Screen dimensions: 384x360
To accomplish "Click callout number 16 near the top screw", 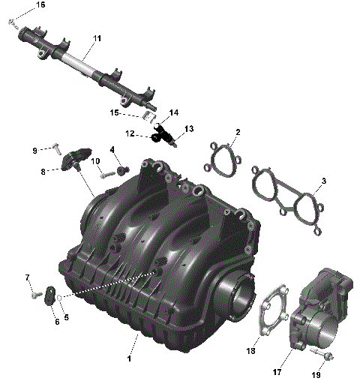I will click(x=40, y=5).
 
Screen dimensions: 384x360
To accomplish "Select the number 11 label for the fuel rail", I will click(x=97, y=37).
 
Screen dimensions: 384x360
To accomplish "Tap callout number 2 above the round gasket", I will click(x=238, y=133).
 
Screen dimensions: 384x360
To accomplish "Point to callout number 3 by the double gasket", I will click(x=323, y=181).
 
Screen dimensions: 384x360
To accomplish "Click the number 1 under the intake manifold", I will click(x=136, y=347).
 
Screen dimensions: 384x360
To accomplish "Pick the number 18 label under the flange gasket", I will click(x=251, y=350).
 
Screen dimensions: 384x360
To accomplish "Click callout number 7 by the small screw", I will click(x=28, y=278).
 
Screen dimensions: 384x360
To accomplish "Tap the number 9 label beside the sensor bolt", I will click(x=34, y=150).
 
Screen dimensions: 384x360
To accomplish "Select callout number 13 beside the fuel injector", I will click(x=189, y=129).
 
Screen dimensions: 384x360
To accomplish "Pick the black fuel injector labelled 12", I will click(x=163, y=138).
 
